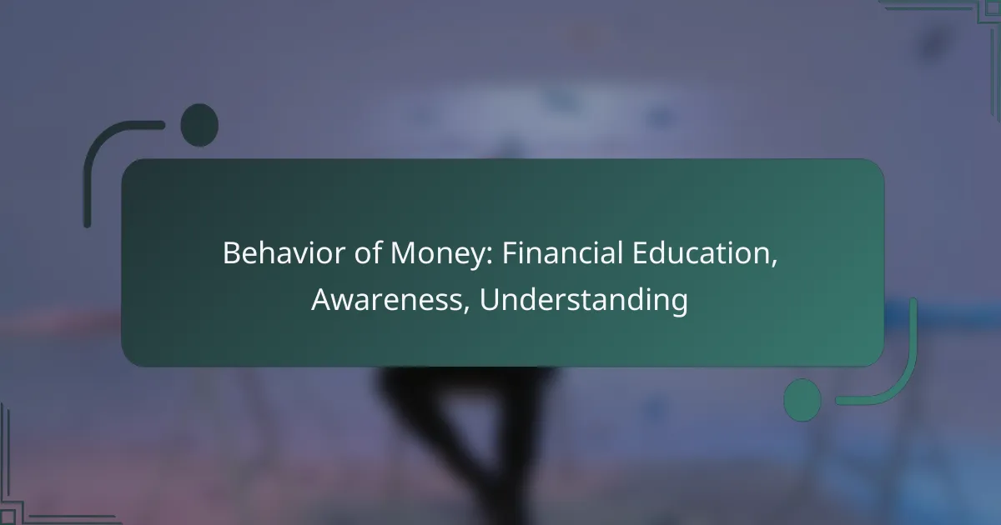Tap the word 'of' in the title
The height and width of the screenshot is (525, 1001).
pos(350,254)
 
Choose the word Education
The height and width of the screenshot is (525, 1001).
pos(702,254)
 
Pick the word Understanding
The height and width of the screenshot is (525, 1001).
pos(584,300)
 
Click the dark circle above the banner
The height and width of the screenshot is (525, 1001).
pos(199,125)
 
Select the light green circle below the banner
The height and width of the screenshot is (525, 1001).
pos(802,399)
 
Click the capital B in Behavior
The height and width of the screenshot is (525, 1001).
pos(230,254)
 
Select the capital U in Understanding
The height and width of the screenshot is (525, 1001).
pos(489,300)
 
